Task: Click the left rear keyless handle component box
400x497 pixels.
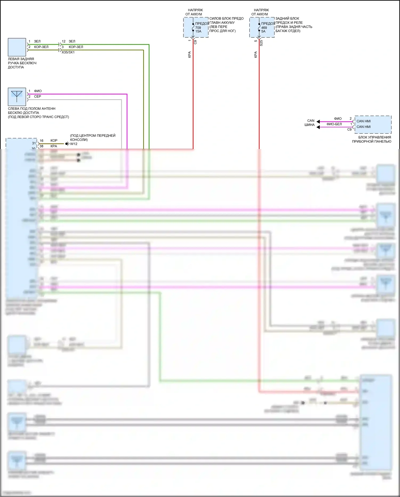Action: coord(17,47)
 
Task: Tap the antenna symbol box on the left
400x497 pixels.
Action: coord(17,97)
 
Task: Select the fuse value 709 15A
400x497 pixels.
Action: coord(198,29)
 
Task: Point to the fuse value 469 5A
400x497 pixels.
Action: coord(264,29)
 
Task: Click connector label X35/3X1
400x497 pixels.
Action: coord(68,52)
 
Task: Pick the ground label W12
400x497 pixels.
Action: coord(74,144)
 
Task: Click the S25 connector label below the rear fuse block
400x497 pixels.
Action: coord(261,43)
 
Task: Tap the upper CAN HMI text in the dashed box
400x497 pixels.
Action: coord(363,121)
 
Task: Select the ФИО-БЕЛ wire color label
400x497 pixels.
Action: coord(334,124)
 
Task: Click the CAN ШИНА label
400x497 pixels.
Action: coord(310,123)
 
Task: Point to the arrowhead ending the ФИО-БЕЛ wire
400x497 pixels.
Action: coord(318,127)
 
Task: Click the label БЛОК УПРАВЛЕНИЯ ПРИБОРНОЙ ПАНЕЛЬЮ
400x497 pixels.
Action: coord(372,139)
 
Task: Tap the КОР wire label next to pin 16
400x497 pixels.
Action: coord(54,140)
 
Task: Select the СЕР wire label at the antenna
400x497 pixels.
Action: coord(38,96)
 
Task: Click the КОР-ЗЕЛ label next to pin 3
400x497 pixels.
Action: coord(76,47)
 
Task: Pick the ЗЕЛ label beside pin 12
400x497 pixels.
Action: coord(72,41)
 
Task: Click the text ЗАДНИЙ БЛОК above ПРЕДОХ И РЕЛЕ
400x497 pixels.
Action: coord(287,18)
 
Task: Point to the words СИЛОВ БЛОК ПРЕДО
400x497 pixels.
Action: coord(226,18)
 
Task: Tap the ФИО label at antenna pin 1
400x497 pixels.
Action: coord(38,91)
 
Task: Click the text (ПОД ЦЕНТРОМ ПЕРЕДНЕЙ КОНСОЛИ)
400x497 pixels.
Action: coord(93,138)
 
